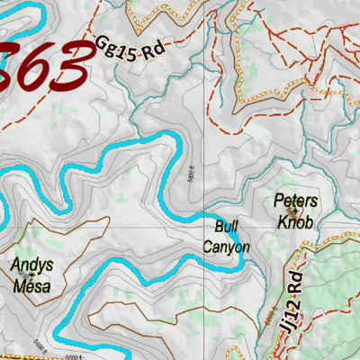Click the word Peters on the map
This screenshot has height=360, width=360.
pos(296,201)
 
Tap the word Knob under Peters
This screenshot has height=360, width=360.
pos(296,220)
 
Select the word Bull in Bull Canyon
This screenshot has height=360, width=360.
pos(225,228)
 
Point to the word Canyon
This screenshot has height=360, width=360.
pos(226,247)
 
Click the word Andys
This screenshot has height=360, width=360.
pos(31,266)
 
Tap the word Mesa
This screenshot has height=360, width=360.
pos(32,287)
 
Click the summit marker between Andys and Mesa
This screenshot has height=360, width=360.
pos(33,276)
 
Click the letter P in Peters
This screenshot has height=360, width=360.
pos(279,201)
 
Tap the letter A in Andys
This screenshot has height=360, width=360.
pos(15,266)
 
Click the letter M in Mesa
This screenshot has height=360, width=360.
pos(18,287)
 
